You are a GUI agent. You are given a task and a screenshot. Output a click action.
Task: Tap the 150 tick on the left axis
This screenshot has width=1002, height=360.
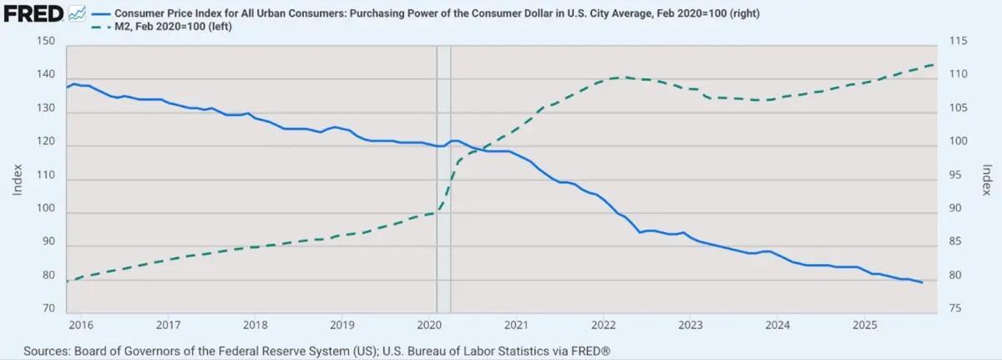(x=47, y=43)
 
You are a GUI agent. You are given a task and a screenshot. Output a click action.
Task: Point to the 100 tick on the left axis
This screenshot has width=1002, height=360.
(x=47, y=213)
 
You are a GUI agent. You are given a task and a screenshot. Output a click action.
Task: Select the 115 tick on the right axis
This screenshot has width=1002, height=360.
(x=957, y=43)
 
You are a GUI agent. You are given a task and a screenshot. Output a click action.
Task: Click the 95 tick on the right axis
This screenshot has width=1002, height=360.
(x=954, y=176)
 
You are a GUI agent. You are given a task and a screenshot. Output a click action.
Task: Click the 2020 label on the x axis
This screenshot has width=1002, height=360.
(x=428, y=323)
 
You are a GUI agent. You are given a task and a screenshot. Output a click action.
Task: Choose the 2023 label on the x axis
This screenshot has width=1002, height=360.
(x=690, y=323)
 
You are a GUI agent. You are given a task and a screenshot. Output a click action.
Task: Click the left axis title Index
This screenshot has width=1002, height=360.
(x=18, y=178)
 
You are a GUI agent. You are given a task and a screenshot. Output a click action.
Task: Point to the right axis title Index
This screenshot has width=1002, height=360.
(x=986, y=178)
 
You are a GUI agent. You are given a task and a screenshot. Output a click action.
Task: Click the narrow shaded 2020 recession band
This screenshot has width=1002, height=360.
(x=443, y=167)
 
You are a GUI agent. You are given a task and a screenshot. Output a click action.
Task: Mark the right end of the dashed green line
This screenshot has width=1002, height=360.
(x=934, y=64)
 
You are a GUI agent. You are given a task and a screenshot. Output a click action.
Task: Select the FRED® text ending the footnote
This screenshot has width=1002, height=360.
(x=578, y=350)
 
